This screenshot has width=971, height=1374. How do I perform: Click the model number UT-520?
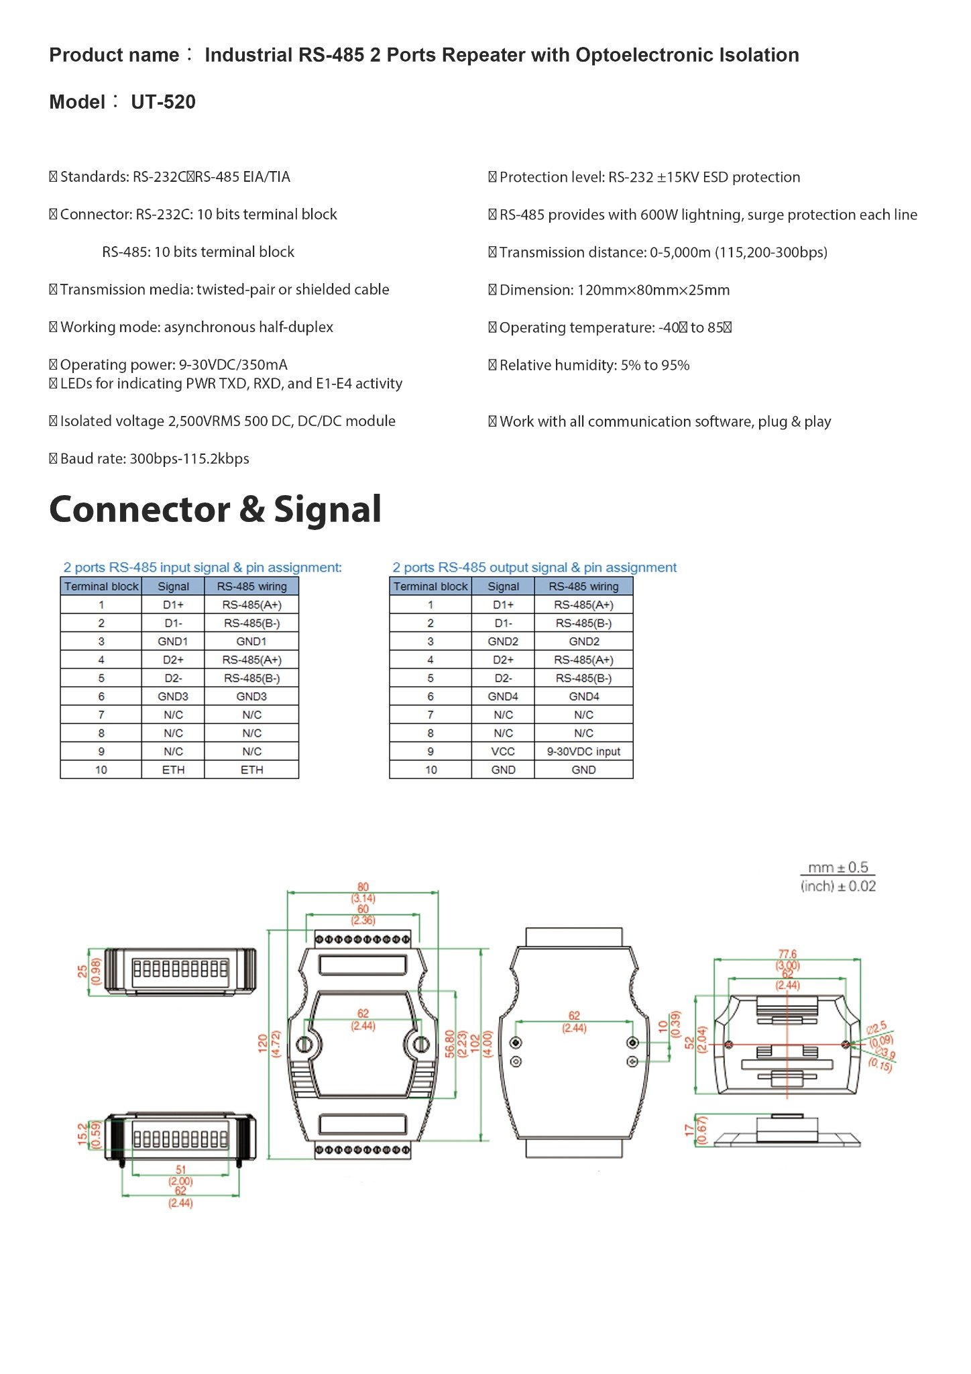point(163,102)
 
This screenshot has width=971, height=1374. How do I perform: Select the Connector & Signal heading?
point(215,509)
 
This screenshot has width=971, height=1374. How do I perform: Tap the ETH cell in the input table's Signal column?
point(173,770)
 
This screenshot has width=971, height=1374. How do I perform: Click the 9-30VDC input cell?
point(583,751)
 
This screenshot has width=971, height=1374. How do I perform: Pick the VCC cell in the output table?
point(503,751)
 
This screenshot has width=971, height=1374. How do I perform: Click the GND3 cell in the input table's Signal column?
point(173,696)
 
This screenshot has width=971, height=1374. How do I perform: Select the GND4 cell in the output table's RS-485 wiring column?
point(583,696)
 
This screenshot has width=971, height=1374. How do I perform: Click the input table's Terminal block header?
point(101,586)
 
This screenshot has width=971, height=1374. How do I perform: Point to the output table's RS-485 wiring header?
point(583,586)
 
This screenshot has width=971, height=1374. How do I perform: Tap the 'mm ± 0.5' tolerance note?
point(838,867)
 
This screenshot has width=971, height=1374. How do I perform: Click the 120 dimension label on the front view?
point(262,1043)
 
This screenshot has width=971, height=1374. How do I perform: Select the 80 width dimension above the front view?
point(363,887)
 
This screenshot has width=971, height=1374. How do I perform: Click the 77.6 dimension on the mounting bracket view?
point(787,953)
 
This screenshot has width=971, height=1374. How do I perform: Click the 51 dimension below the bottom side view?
point(180,1169)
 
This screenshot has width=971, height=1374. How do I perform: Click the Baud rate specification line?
point(154,459)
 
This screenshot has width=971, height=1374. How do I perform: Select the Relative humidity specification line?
point(593,366)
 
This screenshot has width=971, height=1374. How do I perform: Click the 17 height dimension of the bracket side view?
point(689,1130)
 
